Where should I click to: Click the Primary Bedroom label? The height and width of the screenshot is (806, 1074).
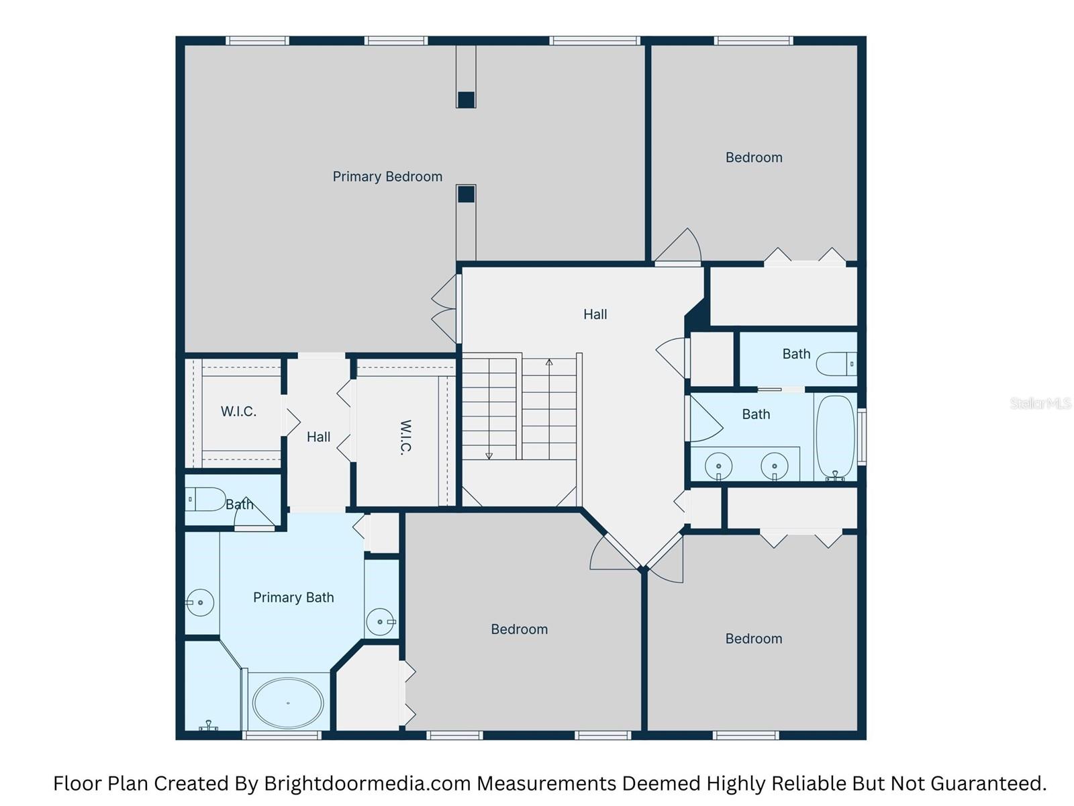387,177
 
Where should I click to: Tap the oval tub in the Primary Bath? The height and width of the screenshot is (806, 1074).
288,703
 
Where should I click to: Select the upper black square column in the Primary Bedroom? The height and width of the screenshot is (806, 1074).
466,99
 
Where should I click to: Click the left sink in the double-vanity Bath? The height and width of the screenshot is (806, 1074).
719,465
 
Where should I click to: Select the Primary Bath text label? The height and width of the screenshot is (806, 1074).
293,598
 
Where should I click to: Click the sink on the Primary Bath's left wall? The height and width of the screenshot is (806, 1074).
200,602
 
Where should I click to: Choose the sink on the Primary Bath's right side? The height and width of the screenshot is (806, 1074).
381,622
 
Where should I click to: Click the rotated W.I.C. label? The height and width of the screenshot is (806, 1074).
405,438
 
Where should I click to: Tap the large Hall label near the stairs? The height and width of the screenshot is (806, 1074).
595,314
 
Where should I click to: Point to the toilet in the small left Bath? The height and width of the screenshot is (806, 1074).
205,499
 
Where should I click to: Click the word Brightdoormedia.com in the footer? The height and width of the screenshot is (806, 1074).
368,783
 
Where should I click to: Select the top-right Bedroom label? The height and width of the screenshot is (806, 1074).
754,158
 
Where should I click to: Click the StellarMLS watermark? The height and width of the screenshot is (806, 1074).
1040,403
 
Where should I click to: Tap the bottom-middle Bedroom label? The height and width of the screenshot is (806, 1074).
519,629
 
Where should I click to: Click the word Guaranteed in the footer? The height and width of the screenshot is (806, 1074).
1002,783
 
